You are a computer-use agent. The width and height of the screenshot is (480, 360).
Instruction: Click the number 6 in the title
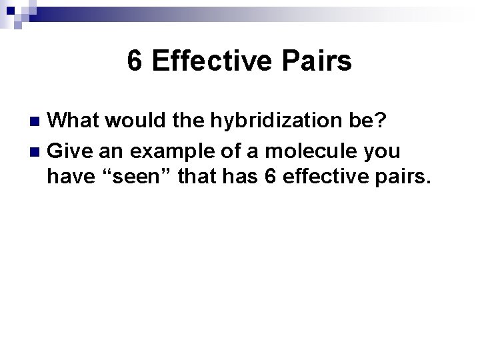(x=135, y=62)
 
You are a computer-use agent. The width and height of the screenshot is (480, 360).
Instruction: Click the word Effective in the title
(x=209, y=62)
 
